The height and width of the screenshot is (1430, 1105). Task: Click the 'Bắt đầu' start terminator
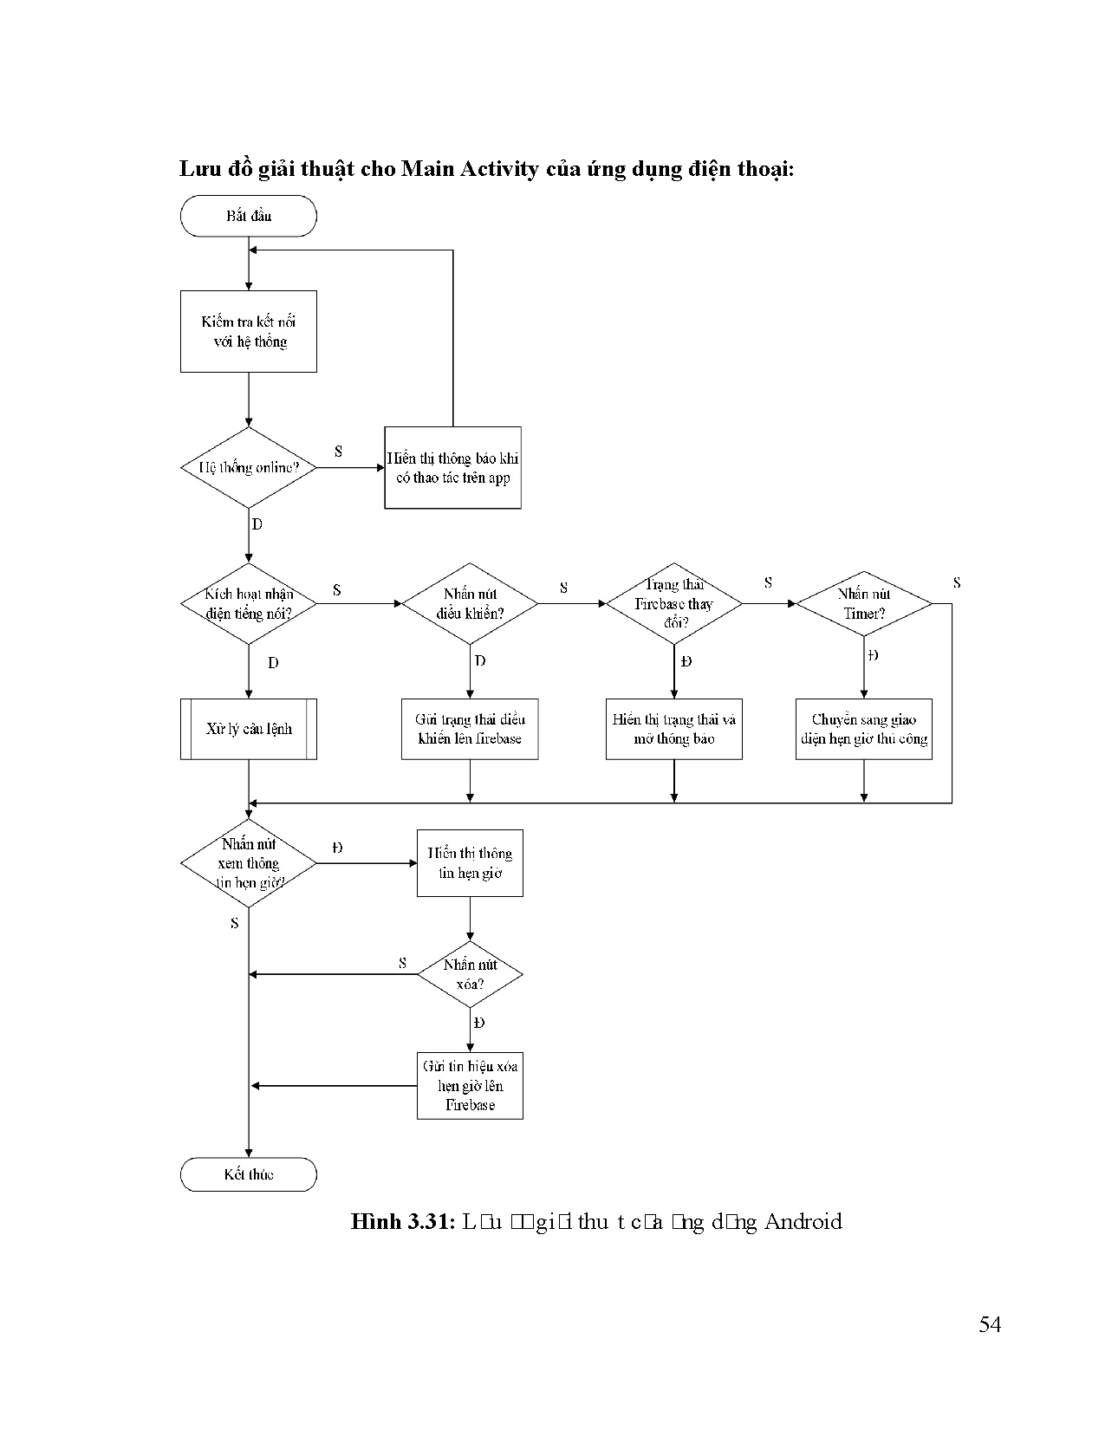(x=249, y=216)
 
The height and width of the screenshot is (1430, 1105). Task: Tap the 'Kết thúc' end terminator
(x=249, y=1174)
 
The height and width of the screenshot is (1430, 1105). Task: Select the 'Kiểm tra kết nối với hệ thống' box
(x=249, y=331)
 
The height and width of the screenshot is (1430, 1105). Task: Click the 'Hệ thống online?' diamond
(x=249, y=468)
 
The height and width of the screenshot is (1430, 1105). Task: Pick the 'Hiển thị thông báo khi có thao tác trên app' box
(x=452, y=468)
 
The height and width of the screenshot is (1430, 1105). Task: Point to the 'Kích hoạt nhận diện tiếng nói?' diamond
(x=249, y=603)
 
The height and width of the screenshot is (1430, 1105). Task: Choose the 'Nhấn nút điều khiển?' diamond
(x=470, y=603)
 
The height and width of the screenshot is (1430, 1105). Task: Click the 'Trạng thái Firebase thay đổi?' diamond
(x=673, y=603)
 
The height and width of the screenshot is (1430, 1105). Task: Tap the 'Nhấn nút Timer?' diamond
(x=864, y=603)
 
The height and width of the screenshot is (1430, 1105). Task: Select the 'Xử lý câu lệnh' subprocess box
(x=249, y=729)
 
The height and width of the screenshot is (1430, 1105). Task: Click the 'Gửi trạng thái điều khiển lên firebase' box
(x=470, y=729)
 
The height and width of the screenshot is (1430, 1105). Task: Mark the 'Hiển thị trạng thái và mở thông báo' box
(x=673, y=729)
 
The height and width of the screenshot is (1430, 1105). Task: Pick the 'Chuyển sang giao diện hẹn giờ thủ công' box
(x=864, y=729)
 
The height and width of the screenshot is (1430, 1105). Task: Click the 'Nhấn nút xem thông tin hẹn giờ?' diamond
(x=249, y=863)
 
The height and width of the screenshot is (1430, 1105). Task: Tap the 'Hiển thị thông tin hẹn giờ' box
(x=470, y=863)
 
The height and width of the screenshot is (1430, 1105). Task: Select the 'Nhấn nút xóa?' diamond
(x=470, y=975)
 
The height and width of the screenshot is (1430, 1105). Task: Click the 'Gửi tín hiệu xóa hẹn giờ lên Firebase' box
(x=470, y=1085)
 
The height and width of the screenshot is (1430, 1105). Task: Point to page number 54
(x=990, y=1324)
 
